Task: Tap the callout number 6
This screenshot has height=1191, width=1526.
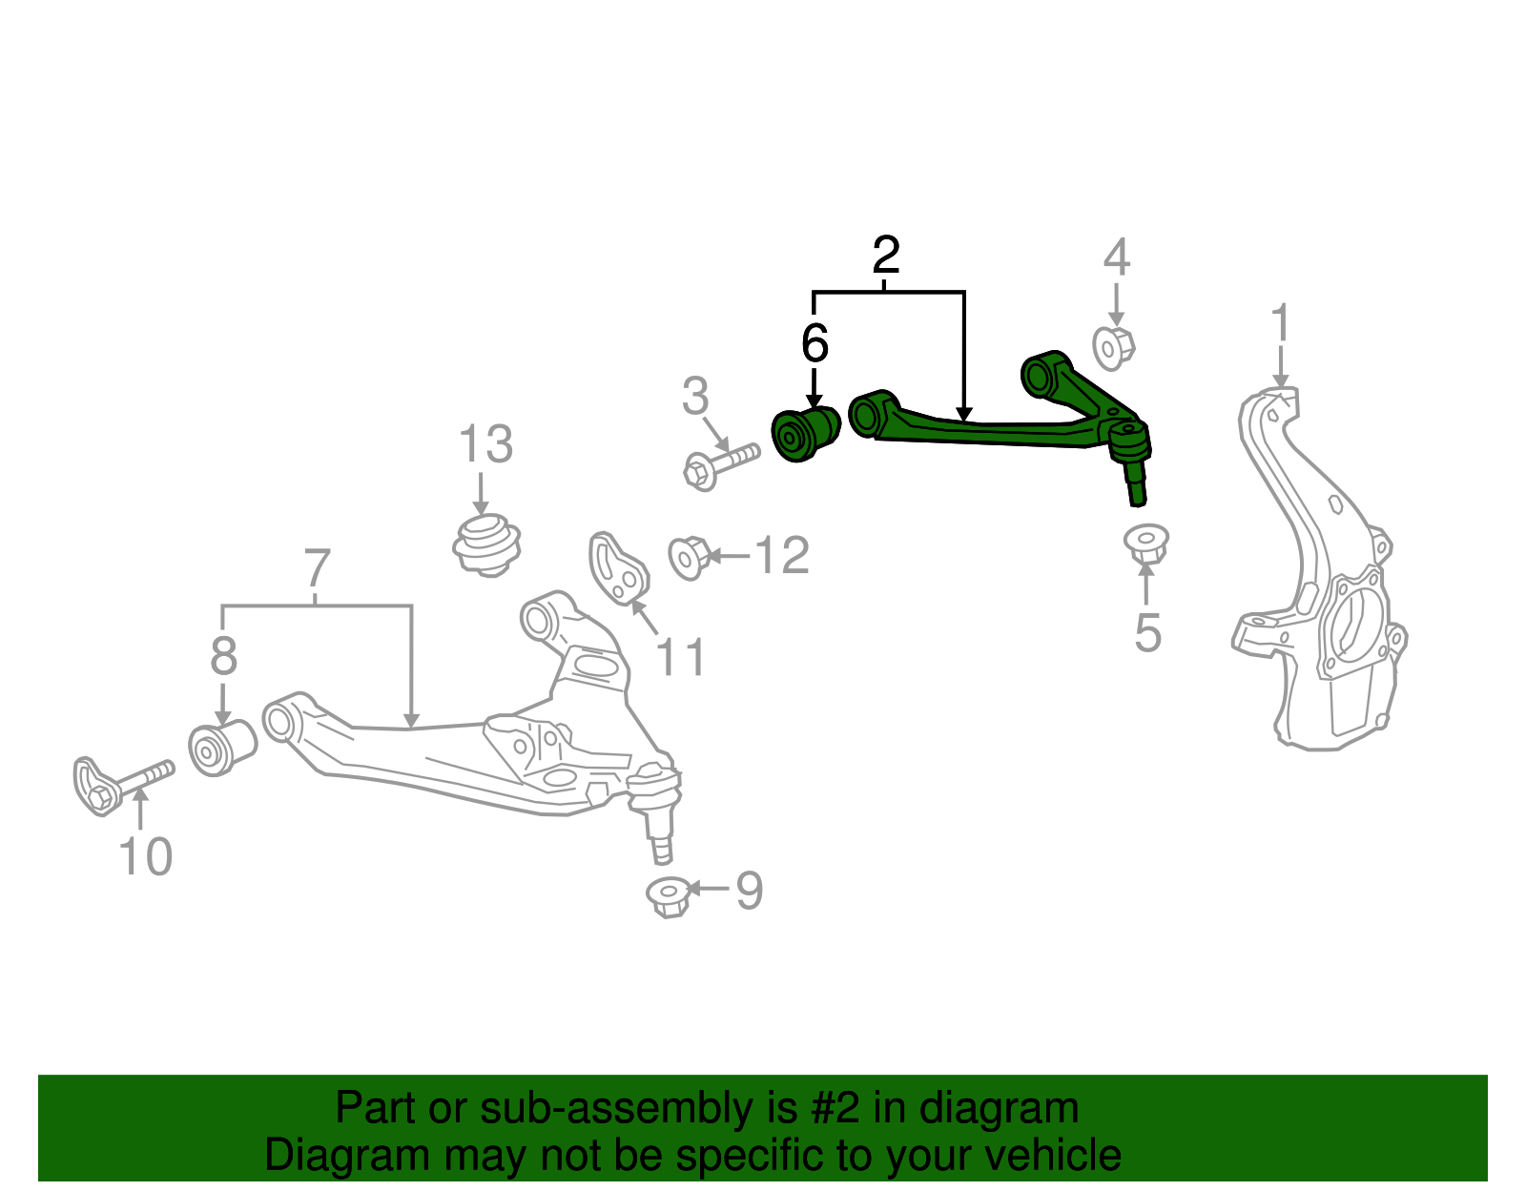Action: pyautogui.click(x=815, y=343)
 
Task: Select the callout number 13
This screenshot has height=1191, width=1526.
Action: pyautogui.click(x=486, y=443)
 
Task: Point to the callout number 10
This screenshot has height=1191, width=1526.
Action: pyautogui.click(x=145, y=856)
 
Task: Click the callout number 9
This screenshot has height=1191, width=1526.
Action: pyautogui.click(x=750, y=890)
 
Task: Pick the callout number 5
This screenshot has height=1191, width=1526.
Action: pyautogui.click(x=1148, y=632)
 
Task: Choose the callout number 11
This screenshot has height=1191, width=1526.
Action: pyautogui.click(x=680, y=657)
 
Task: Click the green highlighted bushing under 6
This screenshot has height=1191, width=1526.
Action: pyautogui.click(x=806, y=434)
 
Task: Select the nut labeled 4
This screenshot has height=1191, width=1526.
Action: pyautogui.click(x=1114, y=348)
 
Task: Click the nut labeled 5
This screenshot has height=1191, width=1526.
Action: pyautogui.click(x=1145, y=544)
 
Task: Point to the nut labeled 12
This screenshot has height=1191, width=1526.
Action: pyautogui.click(x=690, y=558)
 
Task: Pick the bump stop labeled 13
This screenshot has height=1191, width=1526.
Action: pyautogui.click(x=486, y=546)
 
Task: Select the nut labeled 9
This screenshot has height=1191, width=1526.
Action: pyautogui.click(x=669, y=897)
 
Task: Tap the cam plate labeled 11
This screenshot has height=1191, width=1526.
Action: pyautogui.click(x=619, y=568)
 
